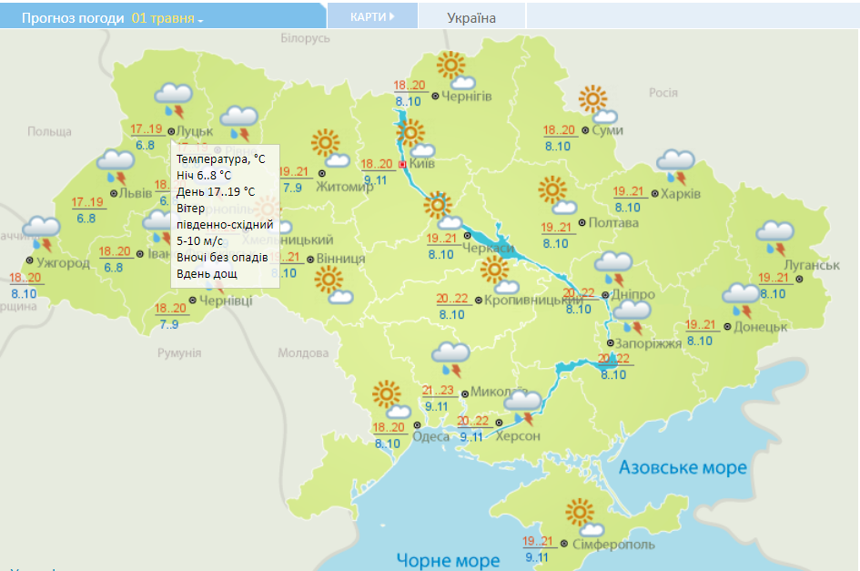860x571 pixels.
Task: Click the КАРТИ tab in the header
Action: pos(371,16)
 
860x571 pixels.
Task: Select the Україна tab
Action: pos(471,17)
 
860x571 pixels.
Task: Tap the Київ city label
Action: pos(423,164)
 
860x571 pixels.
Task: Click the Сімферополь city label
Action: pos(613,545)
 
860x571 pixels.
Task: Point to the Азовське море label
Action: pos(683,468)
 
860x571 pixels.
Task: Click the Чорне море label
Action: pos(448,560)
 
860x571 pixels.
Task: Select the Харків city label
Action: pos(681,194)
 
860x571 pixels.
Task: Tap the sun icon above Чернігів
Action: pos(450,66)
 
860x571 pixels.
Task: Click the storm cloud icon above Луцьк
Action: pos(171,97)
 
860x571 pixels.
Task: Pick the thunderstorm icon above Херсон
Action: pos(523,405)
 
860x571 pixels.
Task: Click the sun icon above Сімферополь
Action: pos(580,513)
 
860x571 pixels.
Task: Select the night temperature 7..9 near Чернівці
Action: pos(168,324)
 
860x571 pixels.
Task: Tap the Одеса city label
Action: pos(431,436)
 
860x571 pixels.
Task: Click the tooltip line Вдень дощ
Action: pos(208,274)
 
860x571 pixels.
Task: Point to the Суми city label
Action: pos(607,131)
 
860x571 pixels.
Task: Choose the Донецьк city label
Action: pos(760,326)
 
